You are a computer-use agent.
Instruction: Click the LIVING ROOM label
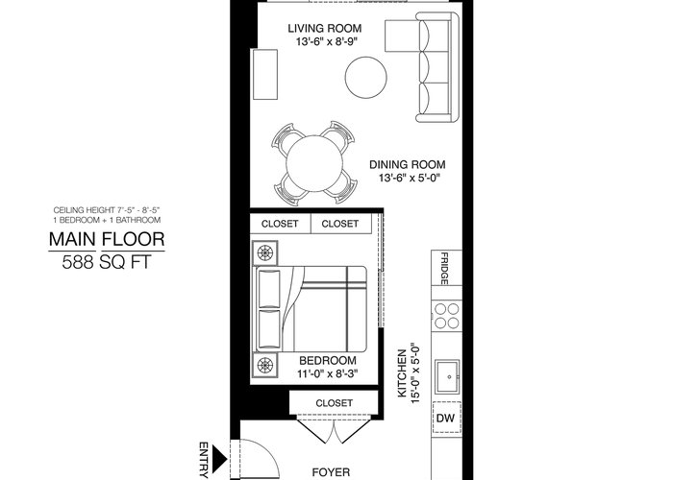coord(325,28)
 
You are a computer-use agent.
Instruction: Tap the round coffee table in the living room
coord(365,78)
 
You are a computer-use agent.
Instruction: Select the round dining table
coord(314,163)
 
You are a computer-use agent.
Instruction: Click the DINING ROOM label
coord(408,164)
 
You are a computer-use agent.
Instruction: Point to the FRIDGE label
coord(444,269)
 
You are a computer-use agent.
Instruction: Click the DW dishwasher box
coord(446,419)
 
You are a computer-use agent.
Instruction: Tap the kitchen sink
coord(448,376)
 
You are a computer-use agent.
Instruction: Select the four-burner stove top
coord(446,315)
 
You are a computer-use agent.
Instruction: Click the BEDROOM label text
coord(328,360)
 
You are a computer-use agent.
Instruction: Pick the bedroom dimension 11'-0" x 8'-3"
coord(328,373)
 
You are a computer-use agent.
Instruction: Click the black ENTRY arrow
coord(219,459)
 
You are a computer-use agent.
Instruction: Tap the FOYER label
coord(331,472)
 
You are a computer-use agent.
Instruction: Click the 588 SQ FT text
coord(107,262)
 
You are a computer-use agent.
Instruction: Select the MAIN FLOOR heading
coord(107,239)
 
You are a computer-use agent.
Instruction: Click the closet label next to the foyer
coord(334,403)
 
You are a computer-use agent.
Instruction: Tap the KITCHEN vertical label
coord(402,373)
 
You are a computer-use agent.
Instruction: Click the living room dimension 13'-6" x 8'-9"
coord(327,42)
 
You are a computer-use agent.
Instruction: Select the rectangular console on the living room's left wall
coord(264,75)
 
